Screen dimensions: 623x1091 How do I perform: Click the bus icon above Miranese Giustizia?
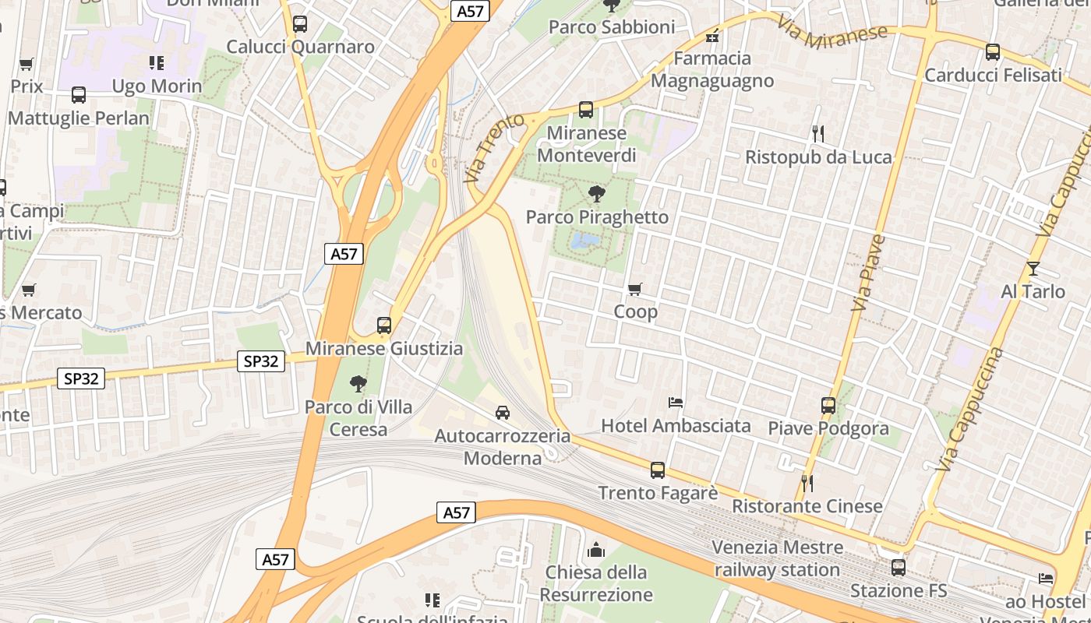click(383, 325)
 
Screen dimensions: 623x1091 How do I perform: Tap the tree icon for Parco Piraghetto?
click(597, 193)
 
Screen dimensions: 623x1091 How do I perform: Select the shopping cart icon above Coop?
click(635, 290)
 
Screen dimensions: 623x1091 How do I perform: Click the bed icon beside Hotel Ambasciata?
click(676, 403)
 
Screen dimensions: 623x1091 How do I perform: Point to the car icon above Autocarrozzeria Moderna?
click(503, 412)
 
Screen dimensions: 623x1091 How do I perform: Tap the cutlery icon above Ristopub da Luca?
click(817, 134)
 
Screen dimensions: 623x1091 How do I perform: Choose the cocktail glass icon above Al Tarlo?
click(1033, 269)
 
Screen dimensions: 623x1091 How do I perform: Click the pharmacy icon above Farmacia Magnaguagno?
click(711, 36)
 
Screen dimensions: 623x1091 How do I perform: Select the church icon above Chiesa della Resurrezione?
click(596, 550)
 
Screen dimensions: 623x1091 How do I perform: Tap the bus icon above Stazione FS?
click(899, 568)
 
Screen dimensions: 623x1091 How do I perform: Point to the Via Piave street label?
click(868, 273)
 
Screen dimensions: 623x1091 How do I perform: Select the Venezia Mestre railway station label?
click(777, 558)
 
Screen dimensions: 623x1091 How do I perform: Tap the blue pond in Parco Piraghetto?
click(584, 241)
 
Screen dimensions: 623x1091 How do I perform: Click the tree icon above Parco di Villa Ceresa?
click(358, 383)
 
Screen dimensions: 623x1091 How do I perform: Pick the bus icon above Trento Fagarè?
click(658, 470)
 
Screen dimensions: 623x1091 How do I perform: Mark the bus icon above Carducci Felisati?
click(992, 52)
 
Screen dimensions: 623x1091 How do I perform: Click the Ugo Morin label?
click(157, 86)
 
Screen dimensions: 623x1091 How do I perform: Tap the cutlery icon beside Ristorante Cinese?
click(807, 484)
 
